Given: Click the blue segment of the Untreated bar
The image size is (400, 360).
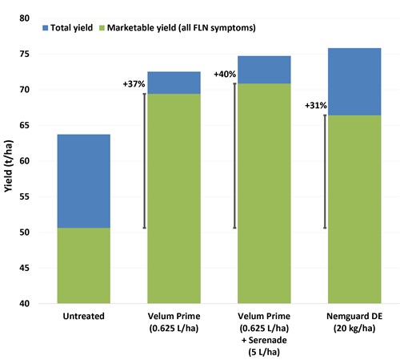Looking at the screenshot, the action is click(x=84, y=181).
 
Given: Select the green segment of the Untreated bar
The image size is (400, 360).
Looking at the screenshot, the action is click(x=84, y=265).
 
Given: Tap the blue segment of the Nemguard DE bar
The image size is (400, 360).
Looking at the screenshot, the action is click(x=354, y=82).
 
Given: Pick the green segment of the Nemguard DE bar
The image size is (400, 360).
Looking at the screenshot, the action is click(x=354, y=209).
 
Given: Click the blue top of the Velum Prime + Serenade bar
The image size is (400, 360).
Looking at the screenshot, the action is click(x=264, y=70).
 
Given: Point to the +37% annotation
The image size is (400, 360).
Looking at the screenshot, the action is click(x=134, y=84).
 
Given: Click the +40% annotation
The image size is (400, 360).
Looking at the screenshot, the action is click(x=225, y=74).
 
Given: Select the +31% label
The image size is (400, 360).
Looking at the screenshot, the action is click(x=316, y=106).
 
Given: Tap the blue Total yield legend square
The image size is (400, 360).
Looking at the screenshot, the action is click(x=46, y=28).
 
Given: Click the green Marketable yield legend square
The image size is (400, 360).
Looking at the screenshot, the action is click(x=102, y=28).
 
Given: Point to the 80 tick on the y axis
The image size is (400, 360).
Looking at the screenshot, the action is click(x=24, y=18).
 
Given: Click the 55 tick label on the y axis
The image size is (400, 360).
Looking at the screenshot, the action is click(x=24, y=196).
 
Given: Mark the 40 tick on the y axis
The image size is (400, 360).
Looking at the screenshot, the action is click(x=24, y=304).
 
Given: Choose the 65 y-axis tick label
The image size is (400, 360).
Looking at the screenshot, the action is click(x=24, y=125).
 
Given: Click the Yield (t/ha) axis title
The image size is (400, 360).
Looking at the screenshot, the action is click(x=8, y=166).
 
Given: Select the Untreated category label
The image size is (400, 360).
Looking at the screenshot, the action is click(x=84, y=316).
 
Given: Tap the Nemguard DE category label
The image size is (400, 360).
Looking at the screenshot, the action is click(x=354, y=316).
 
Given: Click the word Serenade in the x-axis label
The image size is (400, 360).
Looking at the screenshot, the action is click(x=268, y=340).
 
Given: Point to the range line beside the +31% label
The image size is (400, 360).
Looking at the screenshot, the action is click(x=325, y=172).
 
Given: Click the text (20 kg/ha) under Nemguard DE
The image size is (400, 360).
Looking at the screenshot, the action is click(x=354, y=328).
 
